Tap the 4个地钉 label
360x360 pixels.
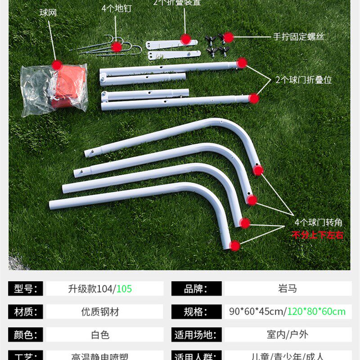click(116, 9)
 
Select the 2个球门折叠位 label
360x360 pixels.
click(304, 80)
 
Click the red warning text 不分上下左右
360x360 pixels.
click(318, 234)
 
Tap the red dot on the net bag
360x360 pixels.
click(56, 65)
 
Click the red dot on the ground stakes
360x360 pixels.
click(117, 46)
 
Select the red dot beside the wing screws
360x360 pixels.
click(229, 37)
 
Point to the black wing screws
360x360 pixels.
click(216, 45)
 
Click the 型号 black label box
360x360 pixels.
click(26, 288)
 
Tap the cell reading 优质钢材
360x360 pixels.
click(100, 311)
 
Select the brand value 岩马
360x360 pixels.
click(288, 288)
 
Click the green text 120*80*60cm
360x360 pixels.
click(317, 311)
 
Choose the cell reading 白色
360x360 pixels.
click(100, 335)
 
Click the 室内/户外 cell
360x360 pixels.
click(288, 335)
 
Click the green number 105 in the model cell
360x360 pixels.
click(124, 288)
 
